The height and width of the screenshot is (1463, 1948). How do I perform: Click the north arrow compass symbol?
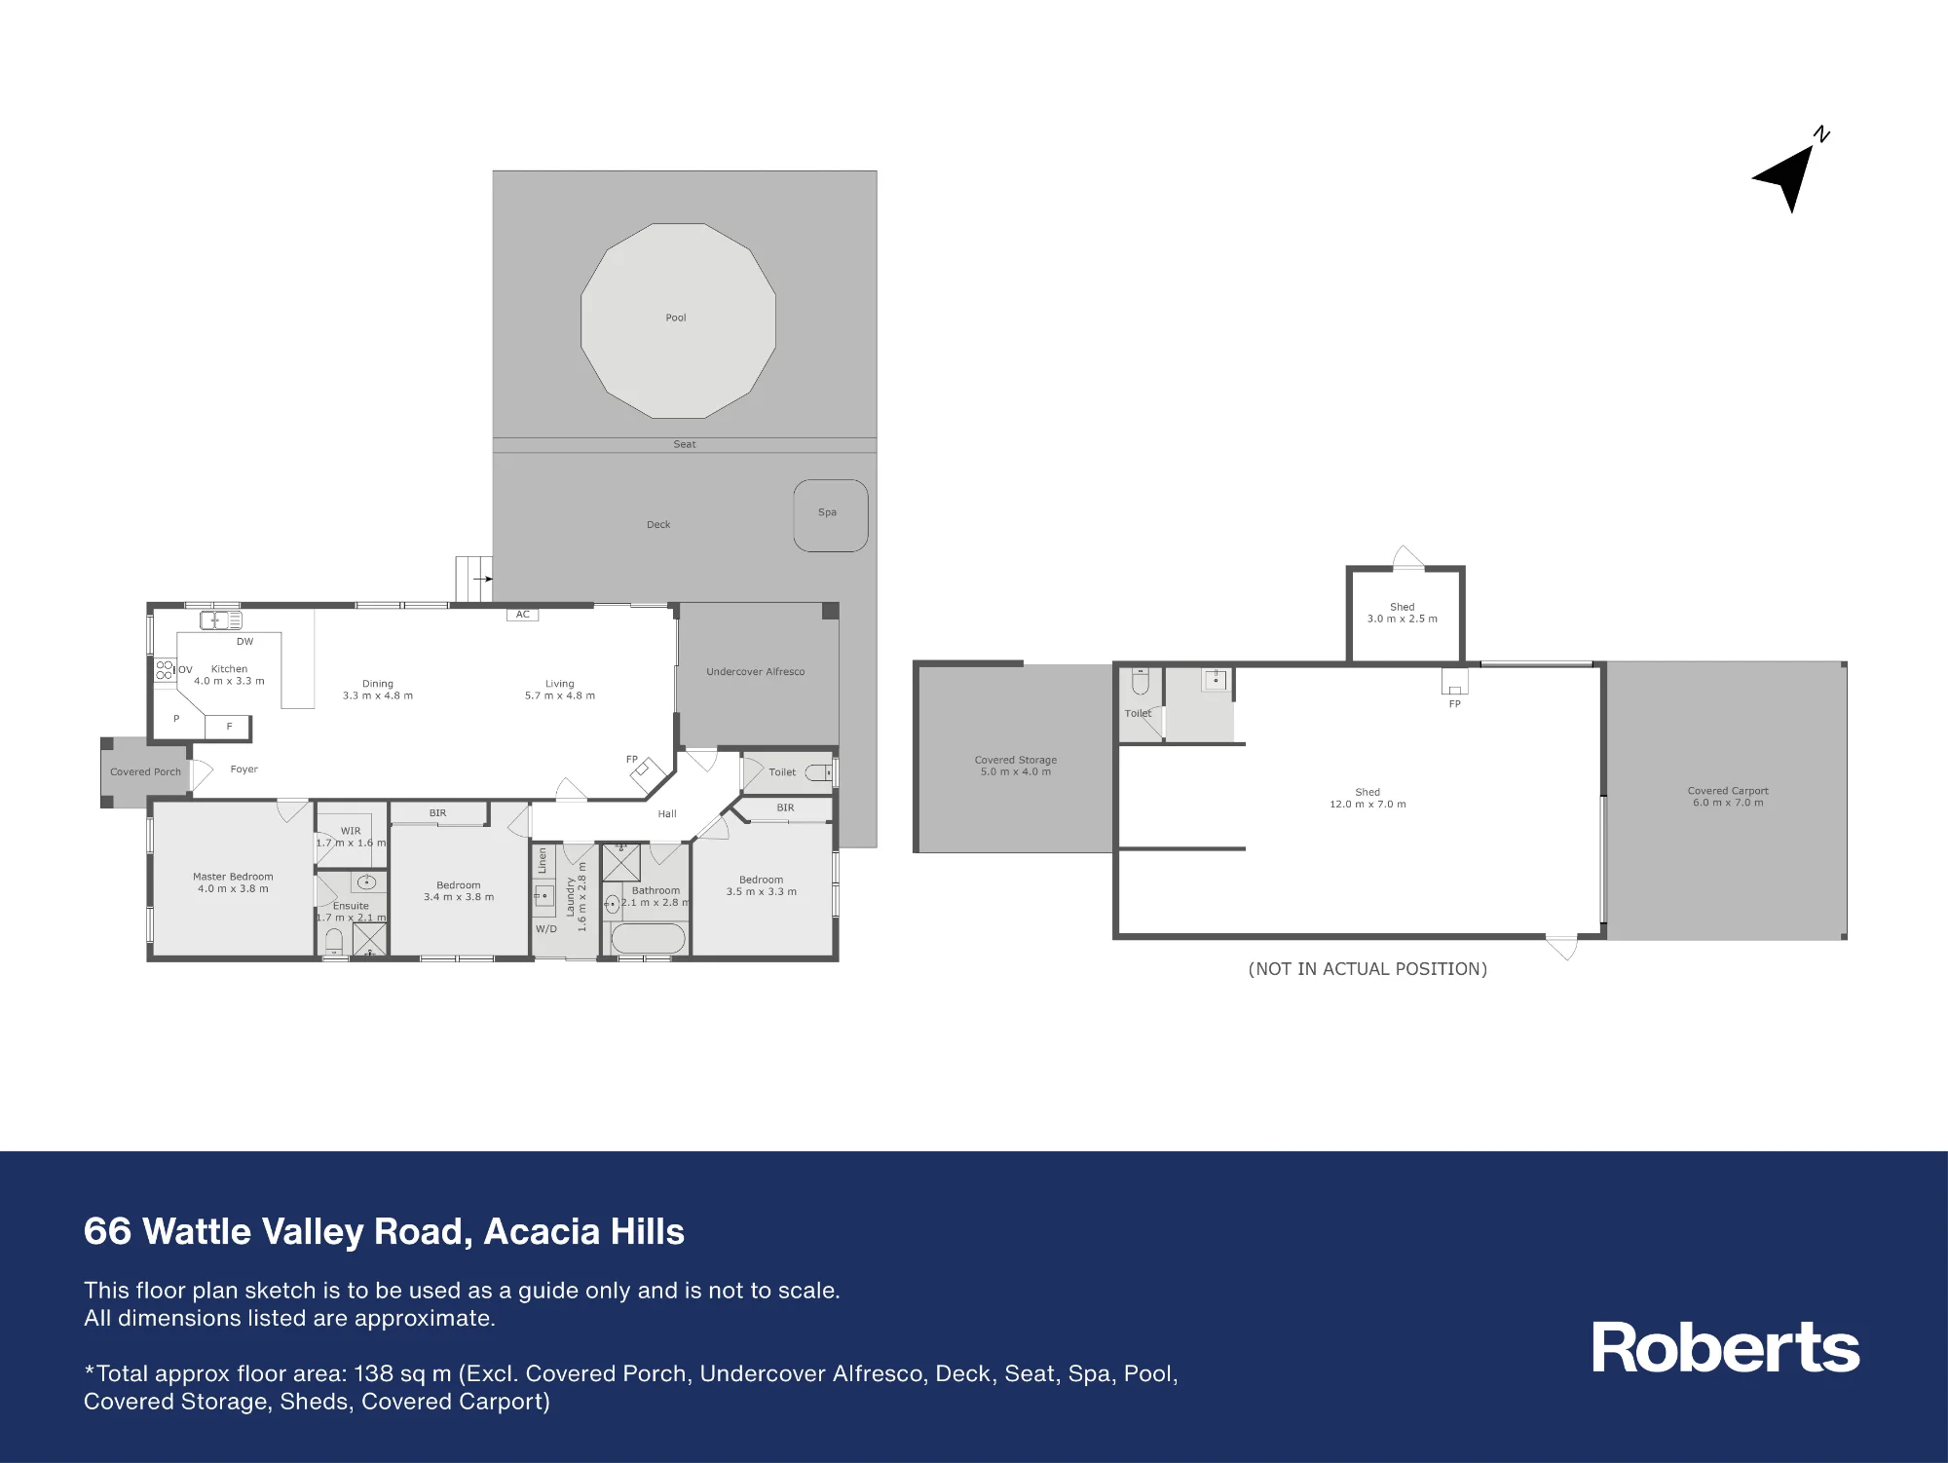click(1787, 175)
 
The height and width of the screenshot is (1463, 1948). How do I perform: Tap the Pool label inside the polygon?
click(676, 318)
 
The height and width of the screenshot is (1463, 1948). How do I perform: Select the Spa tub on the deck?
click(830, 515)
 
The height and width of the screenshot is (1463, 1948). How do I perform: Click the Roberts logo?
click(1725, 1348)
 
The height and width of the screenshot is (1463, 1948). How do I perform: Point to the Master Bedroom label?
click(233, 877)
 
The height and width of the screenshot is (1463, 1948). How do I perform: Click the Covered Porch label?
click(145, 772)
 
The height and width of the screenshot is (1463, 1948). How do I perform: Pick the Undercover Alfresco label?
click(756, 672)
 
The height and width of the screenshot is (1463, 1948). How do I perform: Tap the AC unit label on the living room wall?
click(523, 615)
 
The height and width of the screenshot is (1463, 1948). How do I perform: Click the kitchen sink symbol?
click(221, 619)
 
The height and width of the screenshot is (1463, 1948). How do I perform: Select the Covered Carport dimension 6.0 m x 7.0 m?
click(1728, 803)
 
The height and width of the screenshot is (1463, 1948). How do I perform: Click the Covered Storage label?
click(1016, 760)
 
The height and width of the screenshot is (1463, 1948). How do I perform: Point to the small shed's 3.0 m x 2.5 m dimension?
click(1402, 619)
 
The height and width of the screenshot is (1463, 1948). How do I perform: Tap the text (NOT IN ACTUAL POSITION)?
click(1367, 969)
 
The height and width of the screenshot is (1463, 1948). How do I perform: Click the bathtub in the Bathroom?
click(648, 940)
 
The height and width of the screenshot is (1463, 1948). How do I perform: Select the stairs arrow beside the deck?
click(482, 579)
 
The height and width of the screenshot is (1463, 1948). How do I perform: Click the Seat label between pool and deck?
click(685, 444)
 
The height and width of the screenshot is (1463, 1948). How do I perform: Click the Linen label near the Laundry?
click(543, 860)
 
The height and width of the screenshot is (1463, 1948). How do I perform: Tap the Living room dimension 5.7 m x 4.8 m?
click(560, 695)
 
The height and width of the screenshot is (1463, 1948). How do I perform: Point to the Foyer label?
click(243, 769)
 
